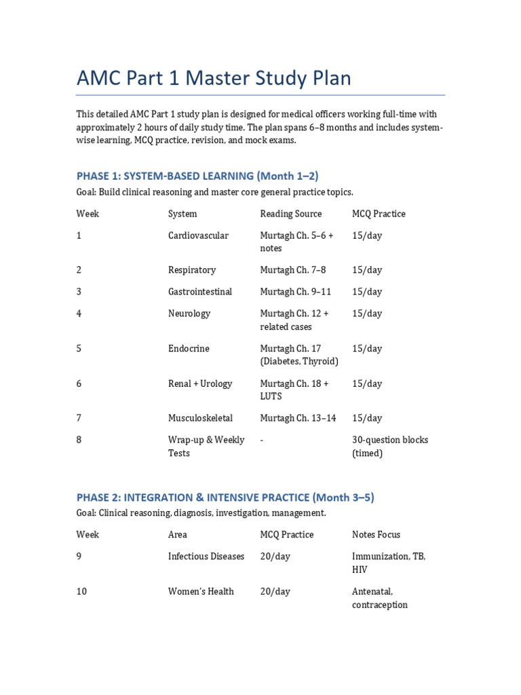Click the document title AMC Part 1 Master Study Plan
click(214, 79)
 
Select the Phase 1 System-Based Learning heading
click(197, 176)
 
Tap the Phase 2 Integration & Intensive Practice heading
click(225, 497)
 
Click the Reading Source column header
click(290, 214)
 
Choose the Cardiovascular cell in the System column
click(198, 236)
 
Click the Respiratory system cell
click(192, 270)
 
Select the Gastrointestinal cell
click(200, 292)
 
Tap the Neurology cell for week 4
click(189, 314)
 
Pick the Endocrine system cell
click(189, 349)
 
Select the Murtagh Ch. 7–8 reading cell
click(293, 270)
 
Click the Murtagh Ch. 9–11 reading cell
click(296, 292)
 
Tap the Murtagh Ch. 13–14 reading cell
click(298, 418)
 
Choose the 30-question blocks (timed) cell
click(390, 447)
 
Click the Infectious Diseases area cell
click(206, 557)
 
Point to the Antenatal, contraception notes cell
click(380, 598)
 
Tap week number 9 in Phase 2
click(79, 557)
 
